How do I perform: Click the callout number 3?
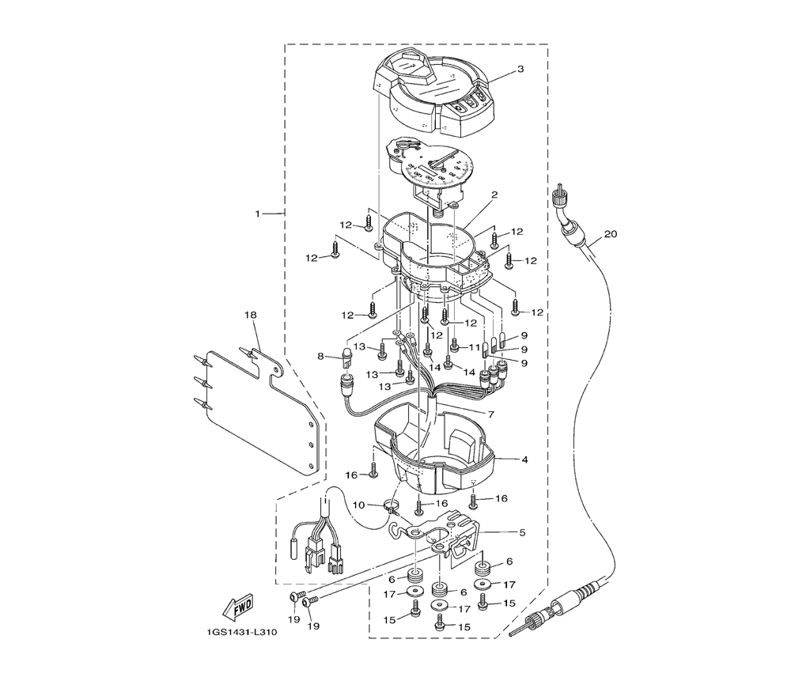pyautogui.click(x=520, y=69)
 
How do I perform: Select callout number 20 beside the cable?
pyautogui.click(x=611, y=234)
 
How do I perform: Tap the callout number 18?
pyautogui.click(x=250, y=315)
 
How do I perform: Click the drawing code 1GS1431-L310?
pyautogui.click(x=241, y=633)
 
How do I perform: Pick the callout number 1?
pyautogui.click(x=257, y=214)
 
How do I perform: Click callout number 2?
pyautogui.click(x=495, y=195)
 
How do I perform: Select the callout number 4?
pyautogui.click(x=524, y=460)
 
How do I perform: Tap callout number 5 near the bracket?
pyautogui.click(x=522, y=532)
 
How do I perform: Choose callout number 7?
pyautogui.click(x=491, y=414)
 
